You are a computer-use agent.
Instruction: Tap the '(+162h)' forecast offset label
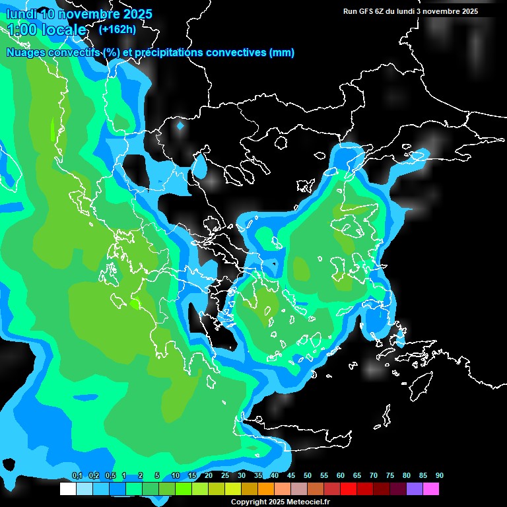[117, 29]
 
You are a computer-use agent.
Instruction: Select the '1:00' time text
[21, 30]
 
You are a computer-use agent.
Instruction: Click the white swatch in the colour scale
[67, 489]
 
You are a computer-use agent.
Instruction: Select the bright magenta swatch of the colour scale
[431, 489]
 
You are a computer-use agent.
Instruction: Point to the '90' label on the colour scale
[440, 476]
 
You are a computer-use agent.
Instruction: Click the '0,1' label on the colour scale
[77, 476]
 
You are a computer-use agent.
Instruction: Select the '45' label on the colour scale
[291, 476]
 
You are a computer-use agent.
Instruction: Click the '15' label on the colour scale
[192, 476]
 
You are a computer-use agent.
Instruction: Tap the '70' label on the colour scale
[374, 476]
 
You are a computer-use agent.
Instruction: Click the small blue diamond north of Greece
[180, 125]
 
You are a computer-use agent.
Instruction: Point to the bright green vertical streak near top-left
[53, 129]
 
